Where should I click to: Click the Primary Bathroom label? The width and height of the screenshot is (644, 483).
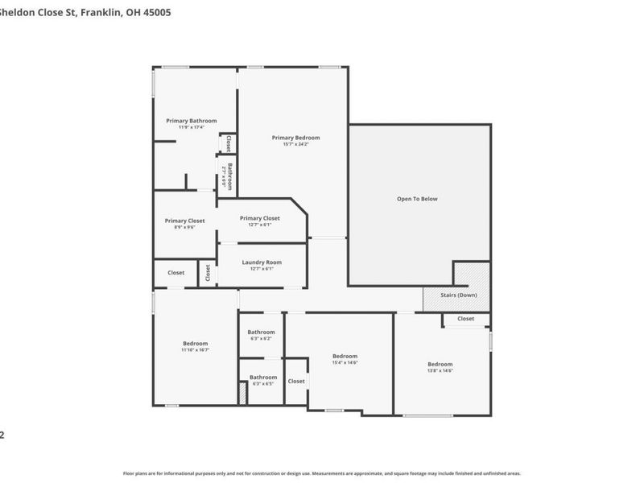coord(192,121)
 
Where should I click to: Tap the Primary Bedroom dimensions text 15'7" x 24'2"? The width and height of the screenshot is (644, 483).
coord(295,144)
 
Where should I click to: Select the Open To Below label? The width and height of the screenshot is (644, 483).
coord(418,199)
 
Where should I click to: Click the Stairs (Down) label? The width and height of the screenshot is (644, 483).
coord(459,295)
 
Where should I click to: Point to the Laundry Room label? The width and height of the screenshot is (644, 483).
coord(262,262)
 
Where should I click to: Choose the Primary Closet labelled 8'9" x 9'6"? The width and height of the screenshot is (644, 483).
coord(184,221)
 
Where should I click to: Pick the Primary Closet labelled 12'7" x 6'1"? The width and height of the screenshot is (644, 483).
coord(260,218)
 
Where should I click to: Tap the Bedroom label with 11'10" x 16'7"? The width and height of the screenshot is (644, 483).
coord(195,343)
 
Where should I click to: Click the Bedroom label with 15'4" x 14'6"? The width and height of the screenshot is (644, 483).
coord(345,356)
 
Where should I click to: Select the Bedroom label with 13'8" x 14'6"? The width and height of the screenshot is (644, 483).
coord(440,364)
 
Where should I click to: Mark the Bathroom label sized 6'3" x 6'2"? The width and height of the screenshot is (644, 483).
coord(261,332)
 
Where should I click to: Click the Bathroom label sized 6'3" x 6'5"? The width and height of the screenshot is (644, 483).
coord(262,378)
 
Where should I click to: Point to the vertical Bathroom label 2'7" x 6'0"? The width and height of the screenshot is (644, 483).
coord(229,175)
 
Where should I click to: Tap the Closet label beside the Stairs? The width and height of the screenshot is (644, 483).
coord(465,319)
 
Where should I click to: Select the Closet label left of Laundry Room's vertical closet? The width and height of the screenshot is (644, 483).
coord(175,273)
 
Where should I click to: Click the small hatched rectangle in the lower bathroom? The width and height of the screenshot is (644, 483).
coord(242,394)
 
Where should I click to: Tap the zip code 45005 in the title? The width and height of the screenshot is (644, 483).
coord(155,13)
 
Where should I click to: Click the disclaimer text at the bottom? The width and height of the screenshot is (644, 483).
coord(321,473)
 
